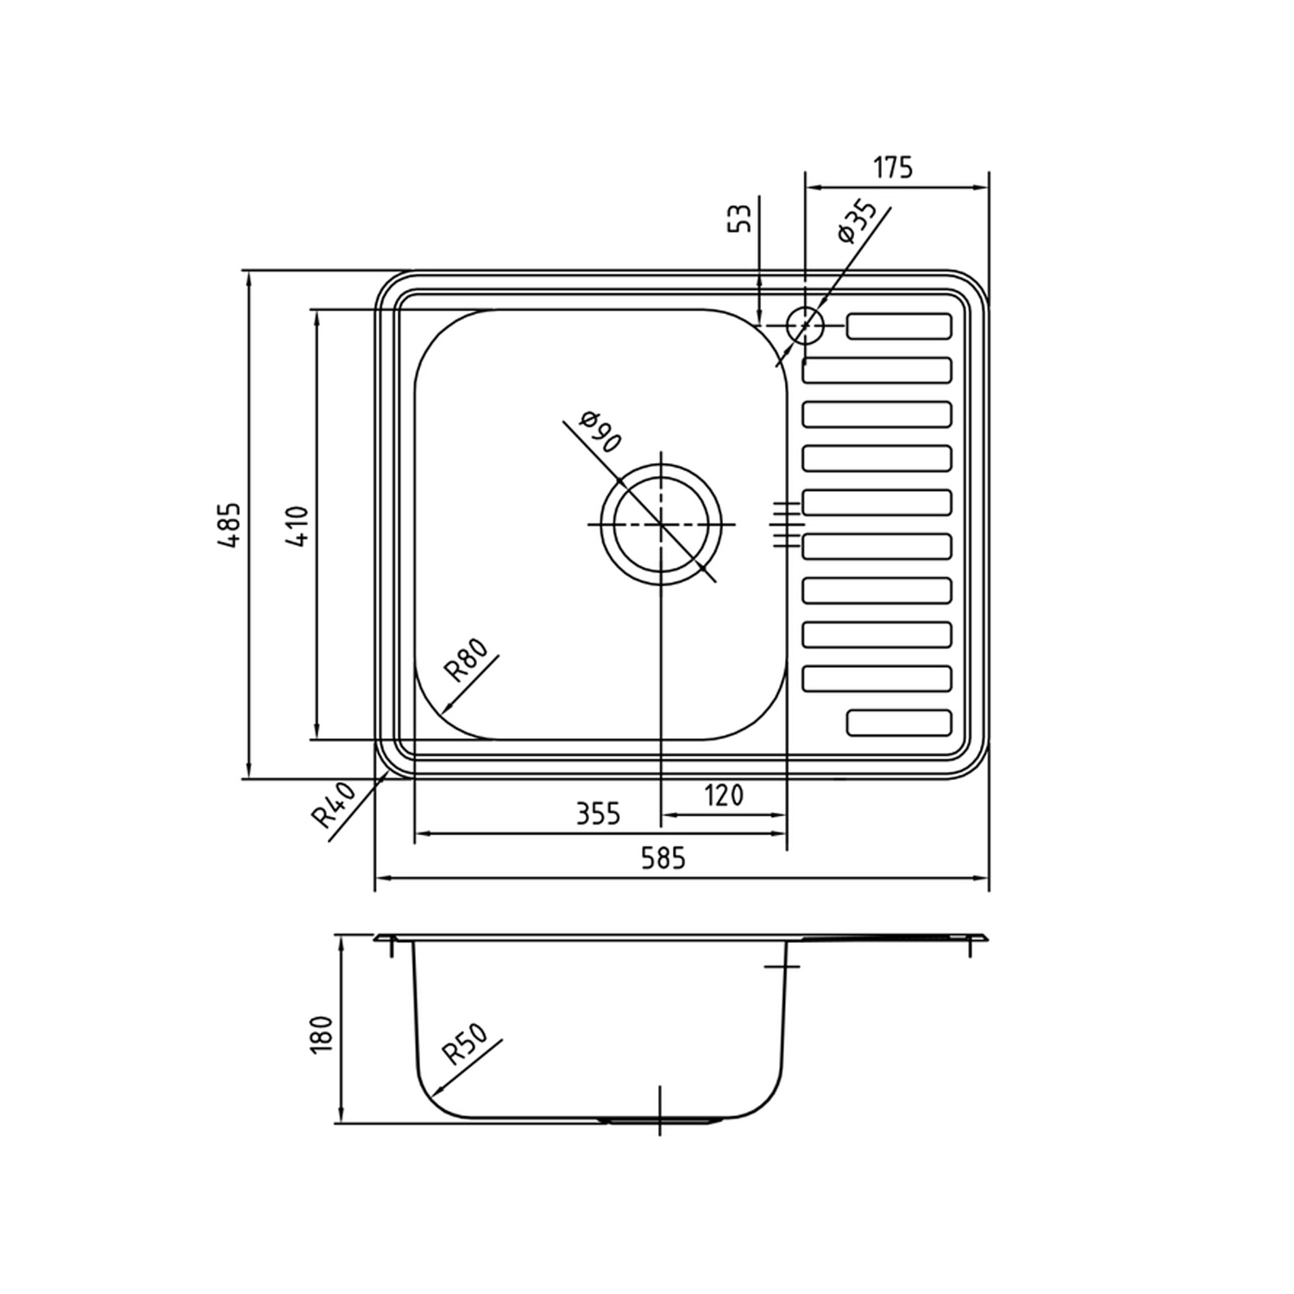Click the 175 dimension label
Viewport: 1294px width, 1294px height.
(893, 166)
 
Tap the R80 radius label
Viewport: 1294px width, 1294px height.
(466, 660)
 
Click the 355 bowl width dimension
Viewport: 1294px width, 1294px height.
(598, 813)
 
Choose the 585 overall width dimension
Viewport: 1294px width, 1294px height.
(664, 857)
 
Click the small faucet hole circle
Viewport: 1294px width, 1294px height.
(806, 325)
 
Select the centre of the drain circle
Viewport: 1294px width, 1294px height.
(661, 524)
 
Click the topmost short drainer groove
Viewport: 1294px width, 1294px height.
(899, 326)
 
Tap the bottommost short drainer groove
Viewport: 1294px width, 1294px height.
(899, 723)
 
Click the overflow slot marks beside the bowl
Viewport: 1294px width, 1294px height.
(788, 524)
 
